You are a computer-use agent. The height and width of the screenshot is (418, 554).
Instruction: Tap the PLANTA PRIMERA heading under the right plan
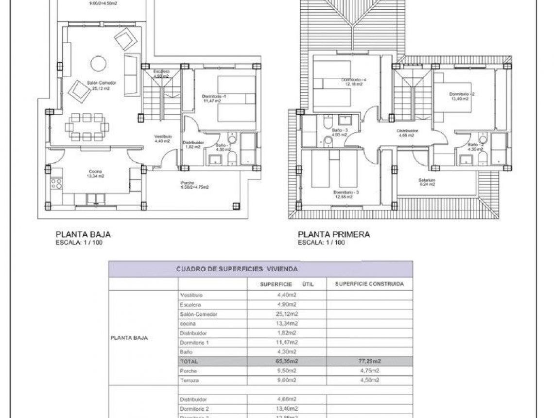333,234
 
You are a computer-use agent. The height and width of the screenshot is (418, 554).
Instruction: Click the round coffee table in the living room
99,63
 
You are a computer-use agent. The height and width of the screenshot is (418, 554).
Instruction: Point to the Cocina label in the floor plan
95,171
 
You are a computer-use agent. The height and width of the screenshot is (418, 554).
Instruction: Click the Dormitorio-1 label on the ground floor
214,97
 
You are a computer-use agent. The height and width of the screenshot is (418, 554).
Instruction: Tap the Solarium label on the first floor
427,180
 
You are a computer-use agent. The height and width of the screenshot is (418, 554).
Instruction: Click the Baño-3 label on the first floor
339,131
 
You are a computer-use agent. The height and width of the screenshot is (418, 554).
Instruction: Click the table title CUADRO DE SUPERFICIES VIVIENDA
237,268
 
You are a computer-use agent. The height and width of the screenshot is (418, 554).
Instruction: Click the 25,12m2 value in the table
286,314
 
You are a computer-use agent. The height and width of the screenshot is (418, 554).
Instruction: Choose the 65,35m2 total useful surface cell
286,361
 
